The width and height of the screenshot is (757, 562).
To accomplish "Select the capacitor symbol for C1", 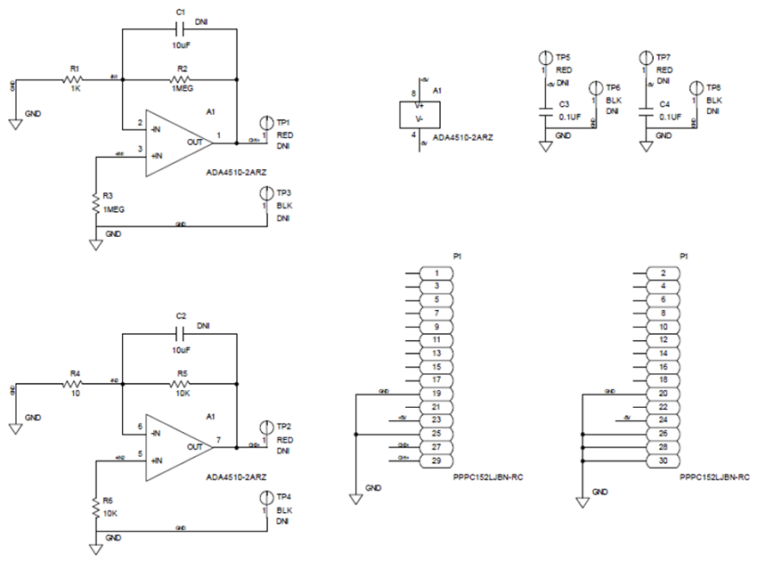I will coord(181,29).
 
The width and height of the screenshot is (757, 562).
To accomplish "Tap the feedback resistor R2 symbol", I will coord(180,80).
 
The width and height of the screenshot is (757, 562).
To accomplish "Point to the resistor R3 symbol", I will coord(95,203).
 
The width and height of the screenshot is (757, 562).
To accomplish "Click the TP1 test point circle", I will coord(265,122).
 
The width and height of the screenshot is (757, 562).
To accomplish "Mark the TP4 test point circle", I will coord(265,497).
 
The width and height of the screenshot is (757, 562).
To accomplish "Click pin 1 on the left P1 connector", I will coord(436,273).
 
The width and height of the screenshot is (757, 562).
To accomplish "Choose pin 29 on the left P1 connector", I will coord(436,460).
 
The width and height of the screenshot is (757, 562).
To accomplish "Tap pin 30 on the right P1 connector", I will coord(663,460).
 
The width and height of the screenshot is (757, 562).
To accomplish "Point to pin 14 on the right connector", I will coord(663,353).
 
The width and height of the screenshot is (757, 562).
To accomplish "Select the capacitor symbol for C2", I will coord(181,333).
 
